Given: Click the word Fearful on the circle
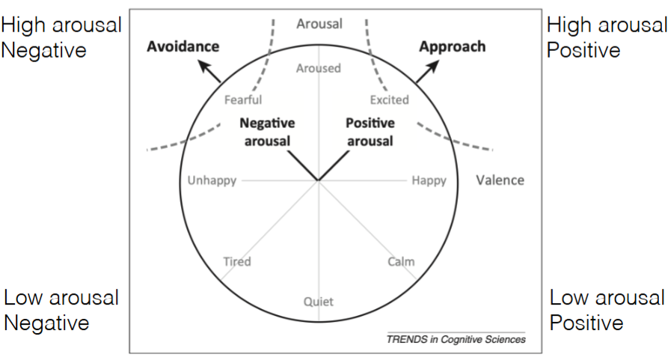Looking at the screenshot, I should [x=243, y=100].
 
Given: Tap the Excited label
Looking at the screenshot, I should [x=390, y=100].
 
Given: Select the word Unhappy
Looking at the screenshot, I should [x=212, y=180].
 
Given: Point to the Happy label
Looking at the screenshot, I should [x=429, y=180].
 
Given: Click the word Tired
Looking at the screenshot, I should [x=237, y=261].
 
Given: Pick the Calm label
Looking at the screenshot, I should [x=401, y=261].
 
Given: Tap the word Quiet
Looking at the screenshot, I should [x=319, y=302].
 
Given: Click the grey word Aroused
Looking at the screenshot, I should [x=318, y=68].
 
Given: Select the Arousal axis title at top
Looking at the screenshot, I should [x=319, y=24].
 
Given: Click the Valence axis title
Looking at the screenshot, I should [x=500, y=180].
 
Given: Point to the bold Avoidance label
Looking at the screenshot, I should [x=183, y=46].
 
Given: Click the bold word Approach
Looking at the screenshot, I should [x=452, y=46].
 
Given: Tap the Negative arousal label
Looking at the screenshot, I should [x=268, y=132].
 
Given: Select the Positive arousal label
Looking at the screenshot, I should [x=370, y=132].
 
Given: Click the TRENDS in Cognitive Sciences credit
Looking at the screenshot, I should [x=456, y=339].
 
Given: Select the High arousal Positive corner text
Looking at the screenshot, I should [x=606, y=37].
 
